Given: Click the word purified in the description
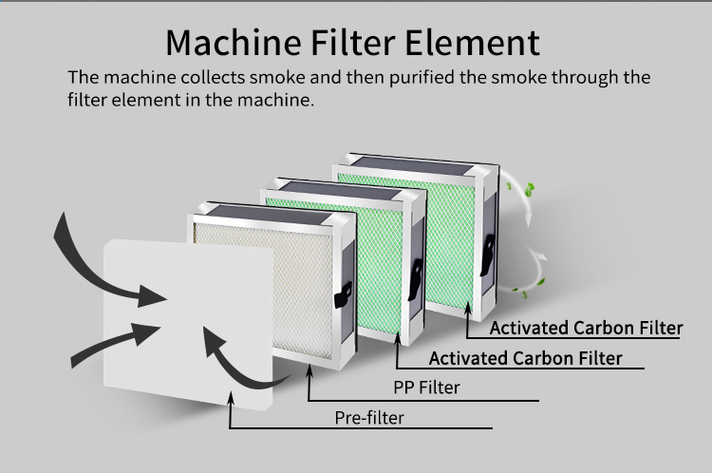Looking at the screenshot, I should (x=416, y=78).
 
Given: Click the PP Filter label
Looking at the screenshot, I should (x=426, y=388).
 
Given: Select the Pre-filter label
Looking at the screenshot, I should (x=368, y=418).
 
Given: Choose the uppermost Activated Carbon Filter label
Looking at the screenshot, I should (x=586, y=329).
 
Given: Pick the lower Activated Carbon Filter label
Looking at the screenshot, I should (x=525, y=358).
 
